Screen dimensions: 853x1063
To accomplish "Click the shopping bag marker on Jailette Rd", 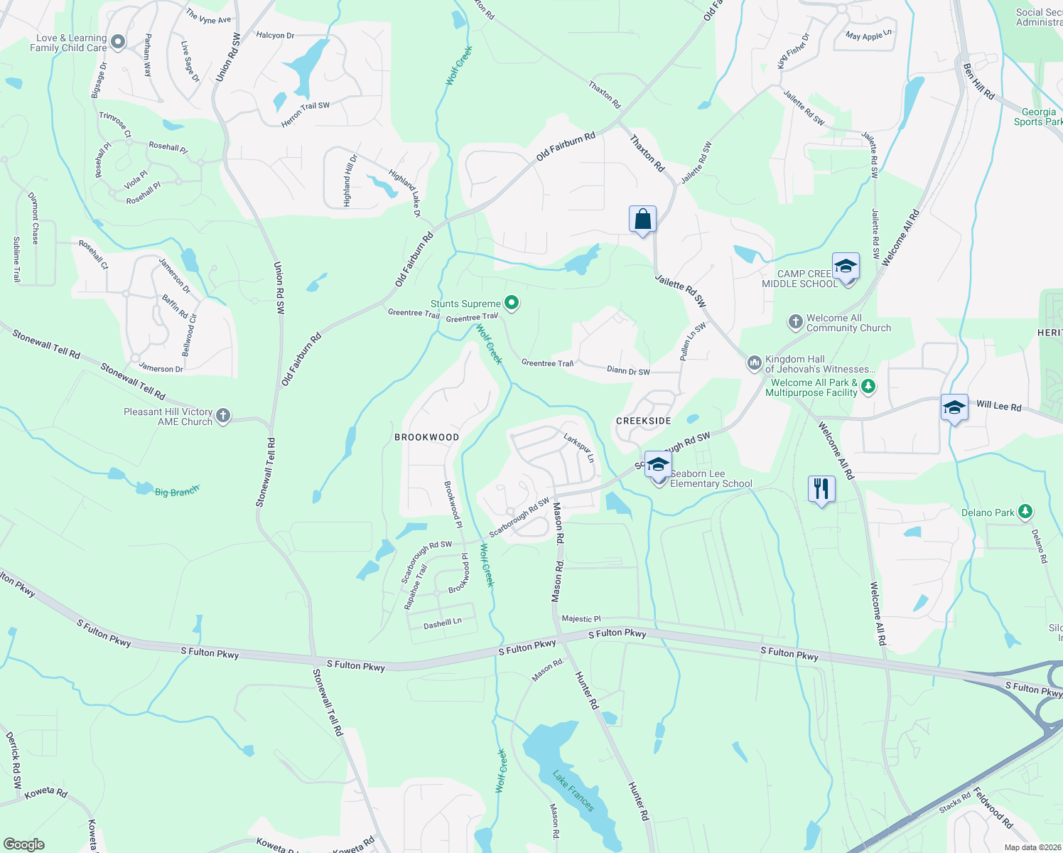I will click(x=642, y=220).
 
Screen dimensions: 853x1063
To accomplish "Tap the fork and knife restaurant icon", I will click(x=821, y=489).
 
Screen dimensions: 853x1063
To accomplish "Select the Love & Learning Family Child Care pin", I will click(x=118, y=43).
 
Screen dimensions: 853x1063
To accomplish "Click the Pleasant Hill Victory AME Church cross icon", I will click(x=223, y=416).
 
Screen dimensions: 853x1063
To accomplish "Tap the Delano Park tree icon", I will click(x=1025, y=512).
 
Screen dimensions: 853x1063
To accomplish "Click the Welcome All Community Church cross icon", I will click(x=796, y=323).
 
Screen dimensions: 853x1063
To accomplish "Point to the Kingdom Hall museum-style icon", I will click(x=754, y=364).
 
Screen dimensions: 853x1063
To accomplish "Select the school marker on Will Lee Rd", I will click(x=954, y=408).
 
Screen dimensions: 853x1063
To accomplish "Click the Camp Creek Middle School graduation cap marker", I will click(x=845, y=267).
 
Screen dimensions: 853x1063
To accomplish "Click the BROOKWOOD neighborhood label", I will click(x=427, y=437).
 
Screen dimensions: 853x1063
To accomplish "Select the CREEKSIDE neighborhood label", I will click(x=644, y=421).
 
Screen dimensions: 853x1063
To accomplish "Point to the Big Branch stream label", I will click(x=177, y=490).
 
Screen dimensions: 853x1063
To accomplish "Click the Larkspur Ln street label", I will click(x=579, y=447).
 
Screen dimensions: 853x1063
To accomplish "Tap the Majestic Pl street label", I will click(x=581, y=619).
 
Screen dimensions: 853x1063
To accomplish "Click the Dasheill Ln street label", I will click(x=443, y=623).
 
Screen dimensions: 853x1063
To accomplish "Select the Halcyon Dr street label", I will click(x=275, y=35).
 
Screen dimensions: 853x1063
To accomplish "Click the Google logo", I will click(x=24, y=844).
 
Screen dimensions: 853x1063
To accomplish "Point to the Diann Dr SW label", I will click(x=628, y=371).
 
